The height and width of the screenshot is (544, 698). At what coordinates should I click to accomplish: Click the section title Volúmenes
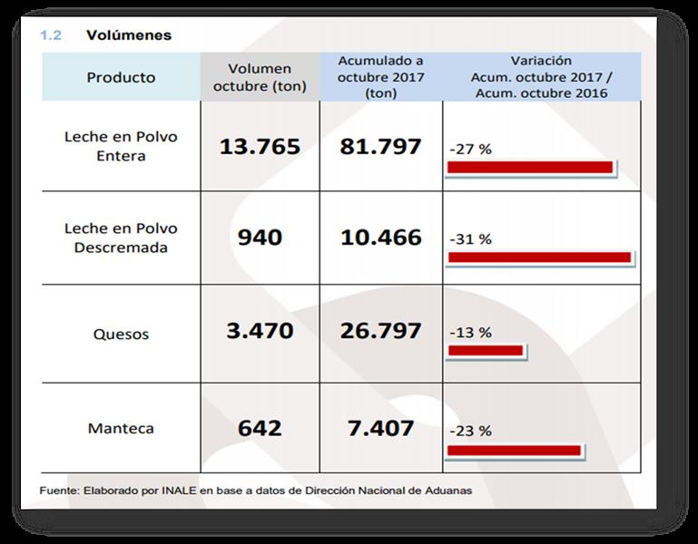click(128, 36)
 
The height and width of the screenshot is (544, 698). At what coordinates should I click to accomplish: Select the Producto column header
click(121, 77)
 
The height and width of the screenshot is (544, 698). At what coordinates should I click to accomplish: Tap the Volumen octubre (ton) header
click(260, 77)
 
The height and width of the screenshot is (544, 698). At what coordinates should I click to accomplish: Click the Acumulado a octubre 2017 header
click(380, 76)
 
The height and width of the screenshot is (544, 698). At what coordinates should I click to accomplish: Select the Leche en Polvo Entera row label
click(121, 146)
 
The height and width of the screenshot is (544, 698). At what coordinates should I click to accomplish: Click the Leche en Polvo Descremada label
click(121, 238)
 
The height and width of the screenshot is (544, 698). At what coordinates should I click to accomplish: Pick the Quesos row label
click(121, 334)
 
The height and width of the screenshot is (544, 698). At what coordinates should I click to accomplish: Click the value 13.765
click(260, 146)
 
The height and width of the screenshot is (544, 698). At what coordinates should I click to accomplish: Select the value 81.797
click(380, 146)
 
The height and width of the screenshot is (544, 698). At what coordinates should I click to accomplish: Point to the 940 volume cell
click(260, 238)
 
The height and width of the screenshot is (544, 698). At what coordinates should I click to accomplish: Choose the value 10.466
click(380, 238)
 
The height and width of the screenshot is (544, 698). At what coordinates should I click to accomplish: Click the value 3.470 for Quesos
click(260, 330)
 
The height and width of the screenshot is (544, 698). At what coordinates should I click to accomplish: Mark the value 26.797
click(380, 330)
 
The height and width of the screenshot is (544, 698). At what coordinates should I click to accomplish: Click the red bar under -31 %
click(539, 257)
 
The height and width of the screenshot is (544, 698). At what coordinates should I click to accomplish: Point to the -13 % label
click(470, 333)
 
